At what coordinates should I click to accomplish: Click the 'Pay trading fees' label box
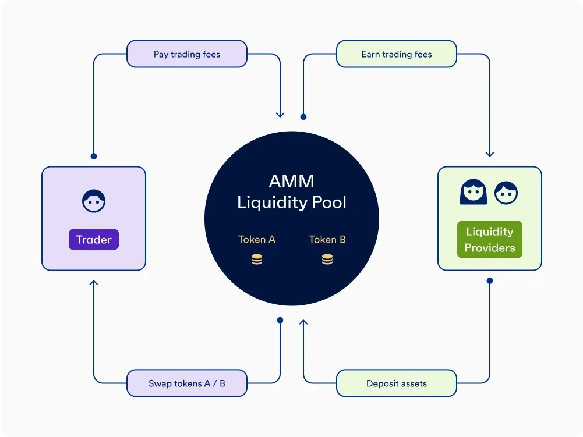pyautogui.click(x=186, y=54)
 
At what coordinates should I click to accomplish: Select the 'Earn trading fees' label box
pyautogui.click(x=396, y=54)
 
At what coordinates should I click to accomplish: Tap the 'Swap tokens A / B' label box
pyautogui.click(x=186, y=383)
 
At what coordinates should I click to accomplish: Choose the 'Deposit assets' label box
pyautogui.click(x=396, y=383)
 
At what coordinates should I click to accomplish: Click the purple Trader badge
pyautogui.click(x=94, y=240)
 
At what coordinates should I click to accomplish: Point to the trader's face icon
pyautogui.click(x=94, y=201)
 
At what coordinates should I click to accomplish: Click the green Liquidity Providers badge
pyautogui.click(x=489, y=239)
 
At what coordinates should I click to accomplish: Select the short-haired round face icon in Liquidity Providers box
pyautogui.click(x=506, y=193)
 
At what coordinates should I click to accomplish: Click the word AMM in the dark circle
pyautogui.click(x=291, y=181)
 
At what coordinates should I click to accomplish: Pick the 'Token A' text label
pyautogui.click(x=256, y=239)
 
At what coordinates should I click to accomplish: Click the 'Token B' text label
pyautogui.click(x=327, y=239)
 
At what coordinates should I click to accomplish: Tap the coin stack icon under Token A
pyautogui.click(x=257, y=260)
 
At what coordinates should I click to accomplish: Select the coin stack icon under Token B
pyautogui.click(x=327, y=260)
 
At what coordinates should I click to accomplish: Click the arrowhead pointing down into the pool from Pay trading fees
pyautogui.click(x=280, y=114)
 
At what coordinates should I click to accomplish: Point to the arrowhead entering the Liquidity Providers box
pyautogui.click(x=490, y=154)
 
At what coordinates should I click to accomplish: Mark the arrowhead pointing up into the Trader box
pyautogui.click(x=94, y=283)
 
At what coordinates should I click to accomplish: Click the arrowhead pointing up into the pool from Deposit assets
pyautogui.click(x=303, y=322)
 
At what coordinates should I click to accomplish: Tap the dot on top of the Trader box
pyautogui.click(x=94, y=156)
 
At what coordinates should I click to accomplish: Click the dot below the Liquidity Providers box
pyautogui.click(x=490, y=280)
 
